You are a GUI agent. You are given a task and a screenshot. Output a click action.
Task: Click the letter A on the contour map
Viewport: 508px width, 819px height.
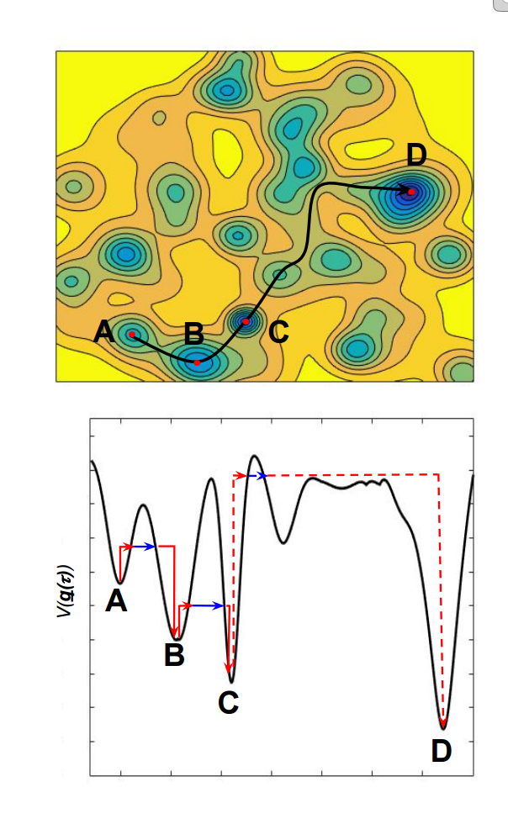point(104,331)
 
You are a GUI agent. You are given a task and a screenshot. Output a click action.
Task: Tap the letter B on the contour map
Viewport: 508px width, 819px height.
point(194,333)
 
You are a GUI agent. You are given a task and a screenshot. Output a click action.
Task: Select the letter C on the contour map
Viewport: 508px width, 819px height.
point(278,332)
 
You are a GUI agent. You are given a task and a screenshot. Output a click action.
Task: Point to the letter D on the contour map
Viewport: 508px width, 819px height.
point(416,155)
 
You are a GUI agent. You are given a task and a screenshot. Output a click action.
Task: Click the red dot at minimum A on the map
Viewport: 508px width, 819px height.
point(132,335)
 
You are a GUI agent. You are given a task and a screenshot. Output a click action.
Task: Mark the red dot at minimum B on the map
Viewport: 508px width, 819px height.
point(197,362)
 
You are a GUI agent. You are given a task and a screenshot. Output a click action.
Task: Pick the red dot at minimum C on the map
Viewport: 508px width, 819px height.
point(246,321)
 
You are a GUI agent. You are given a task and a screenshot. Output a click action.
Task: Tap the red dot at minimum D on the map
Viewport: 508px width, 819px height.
point(411,192)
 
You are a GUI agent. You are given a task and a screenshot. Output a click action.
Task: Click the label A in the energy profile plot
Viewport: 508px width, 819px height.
point(117,600)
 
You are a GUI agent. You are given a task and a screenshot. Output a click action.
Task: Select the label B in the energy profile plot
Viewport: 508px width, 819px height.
point(174,654)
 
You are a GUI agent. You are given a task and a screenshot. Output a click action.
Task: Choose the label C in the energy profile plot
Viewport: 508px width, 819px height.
point(228,701)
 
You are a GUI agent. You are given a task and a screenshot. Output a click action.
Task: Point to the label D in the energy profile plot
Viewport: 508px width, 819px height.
point(442,750)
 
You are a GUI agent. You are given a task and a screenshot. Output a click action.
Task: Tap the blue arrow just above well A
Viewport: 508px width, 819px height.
point(140,547)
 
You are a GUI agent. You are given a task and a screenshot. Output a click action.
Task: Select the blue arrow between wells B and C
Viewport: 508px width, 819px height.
point(207,605)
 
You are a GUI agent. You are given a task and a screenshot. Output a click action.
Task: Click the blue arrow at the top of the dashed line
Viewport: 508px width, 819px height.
point(257,476)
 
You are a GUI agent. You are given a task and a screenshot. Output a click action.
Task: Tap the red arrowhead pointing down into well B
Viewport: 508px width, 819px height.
point(174,631)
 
